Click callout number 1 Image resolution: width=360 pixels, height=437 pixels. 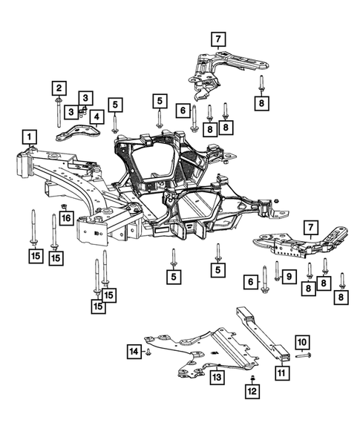click(x=29, y=137)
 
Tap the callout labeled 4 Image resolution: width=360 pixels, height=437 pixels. click(x=97, y=116)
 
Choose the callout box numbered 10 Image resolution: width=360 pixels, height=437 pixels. click(x=301, y=342)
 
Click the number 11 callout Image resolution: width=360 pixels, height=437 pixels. click(x=282, y=373)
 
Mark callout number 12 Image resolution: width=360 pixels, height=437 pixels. click(x=252, y=390)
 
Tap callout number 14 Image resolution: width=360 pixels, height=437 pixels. click(x=133, y=350)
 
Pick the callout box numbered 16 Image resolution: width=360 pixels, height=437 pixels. click(x=66, y=218)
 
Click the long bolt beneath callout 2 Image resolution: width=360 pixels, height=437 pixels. click(x=57, y=110)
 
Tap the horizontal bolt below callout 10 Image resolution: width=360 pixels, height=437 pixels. click(x=302, y=357)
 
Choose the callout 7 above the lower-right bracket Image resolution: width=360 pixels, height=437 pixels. click(x=311, y=226)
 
